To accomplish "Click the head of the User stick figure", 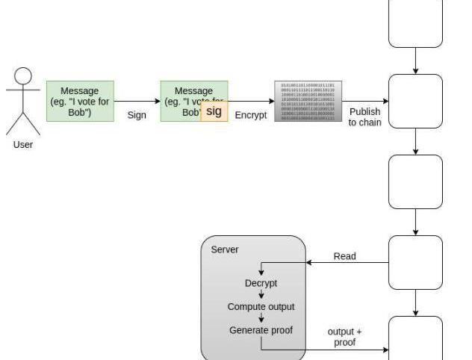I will click(24, 77).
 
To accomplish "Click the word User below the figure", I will click(23, 145).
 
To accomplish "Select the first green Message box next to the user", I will click(80, 101).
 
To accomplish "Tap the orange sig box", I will click(214, 111).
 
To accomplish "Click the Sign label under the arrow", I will click(137, 116).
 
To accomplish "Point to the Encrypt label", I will click(250, 116).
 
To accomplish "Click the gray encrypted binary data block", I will click(308, 101).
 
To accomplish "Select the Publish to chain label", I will click(364, 117).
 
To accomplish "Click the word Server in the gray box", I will click(225, 249).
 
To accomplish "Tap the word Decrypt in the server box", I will click(261, 283).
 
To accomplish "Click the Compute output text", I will click(261, 307).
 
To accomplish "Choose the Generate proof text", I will click(261, 330).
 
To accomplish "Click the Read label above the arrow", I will click(344, 256).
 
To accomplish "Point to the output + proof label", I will click(345, 337).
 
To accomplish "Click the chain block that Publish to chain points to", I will click(415, 101).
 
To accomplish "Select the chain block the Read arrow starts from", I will click(415, 262).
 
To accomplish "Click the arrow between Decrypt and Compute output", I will click(261, 295).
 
